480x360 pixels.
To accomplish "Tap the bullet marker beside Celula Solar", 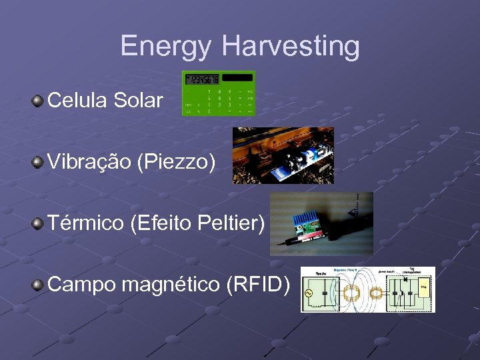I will point(38,101).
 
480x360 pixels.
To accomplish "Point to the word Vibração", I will point(89,162).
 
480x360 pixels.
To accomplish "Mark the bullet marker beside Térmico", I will point(38,223).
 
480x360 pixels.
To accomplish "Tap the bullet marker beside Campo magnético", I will point(38,285).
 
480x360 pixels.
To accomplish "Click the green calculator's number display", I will point(201,79).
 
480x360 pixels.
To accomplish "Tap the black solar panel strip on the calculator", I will point(237,78).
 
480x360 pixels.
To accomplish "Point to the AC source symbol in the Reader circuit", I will point(309,293).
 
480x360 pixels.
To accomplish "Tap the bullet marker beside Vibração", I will point(38,162).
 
